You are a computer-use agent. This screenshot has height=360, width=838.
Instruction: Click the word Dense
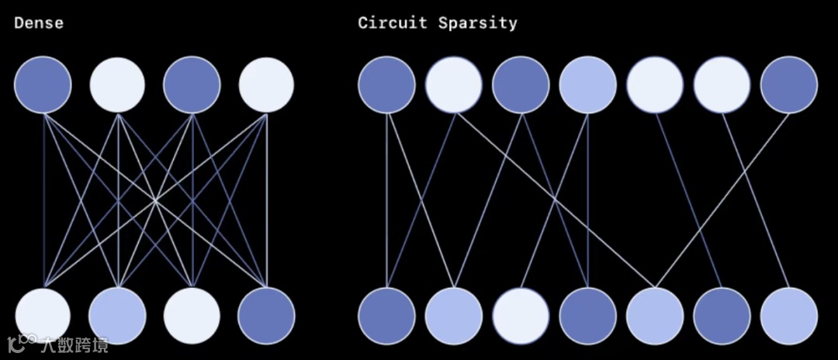(38, 23)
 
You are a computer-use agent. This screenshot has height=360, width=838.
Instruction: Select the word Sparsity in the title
(477, 22)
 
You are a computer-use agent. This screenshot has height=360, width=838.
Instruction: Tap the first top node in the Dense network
(43, 85)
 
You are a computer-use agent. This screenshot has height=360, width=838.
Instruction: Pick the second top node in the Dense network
(117, 85)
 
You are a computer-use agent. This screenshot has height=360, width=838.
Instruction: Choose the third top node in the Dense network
(192, 85)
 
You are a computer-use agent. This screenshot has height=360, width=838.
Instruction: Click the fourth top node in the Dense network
(266, 85)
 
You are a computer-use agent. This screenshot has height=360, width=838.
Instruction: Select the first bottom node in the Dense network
(43, 316)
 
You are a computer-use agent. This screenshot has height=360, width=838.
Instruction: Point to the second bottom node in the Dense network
(117, 316)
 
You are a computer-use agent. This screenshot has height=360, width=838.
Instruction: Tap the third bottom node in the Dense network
(192, 316)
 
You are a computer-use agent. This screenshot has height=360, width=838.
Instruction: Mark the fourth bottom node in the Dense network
(266, 316)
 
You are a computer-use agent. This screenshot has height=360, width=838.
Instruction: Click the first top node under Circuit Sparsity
(386, 85)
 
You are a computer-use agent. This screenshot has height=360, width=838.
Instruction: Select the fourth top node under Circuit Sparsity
(587, 85)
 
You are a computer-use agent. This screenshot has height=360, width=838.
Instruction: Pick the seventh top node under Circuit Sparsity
(789, 85)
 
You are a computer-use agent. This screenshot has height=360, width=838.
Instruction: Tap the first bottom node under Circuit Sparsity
(386, 316)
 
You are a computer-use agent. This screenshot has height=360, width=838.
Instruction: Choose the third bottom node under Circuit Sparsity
(521, 316)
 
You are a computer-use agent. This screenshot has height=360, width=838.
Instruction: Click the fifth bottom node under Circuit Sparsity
(655, 316)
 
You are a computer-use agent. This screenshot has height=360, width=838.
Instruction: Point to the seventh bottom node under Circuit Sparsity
(789, 316)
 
